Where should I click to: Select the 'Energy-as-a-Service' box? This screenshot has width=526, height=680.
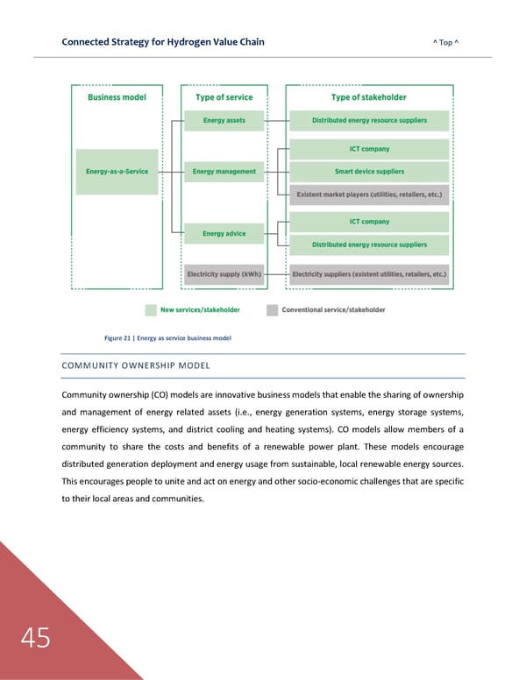(117, 172)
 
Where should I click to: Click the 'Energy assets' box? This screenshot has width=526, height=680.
(224, 120)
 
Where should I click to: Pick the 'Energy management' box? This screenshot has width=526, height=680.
(224, 172)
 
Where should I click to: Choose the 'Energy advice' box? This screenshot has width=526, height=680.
(224, 234)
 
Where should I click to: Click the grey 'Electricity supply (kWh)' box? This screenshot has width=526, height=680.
(224, 273)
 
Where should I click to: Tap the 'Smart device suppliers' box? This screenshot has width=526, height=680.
(369, 172)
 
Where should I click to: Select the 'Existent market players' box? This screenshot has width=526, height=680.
(369, 194)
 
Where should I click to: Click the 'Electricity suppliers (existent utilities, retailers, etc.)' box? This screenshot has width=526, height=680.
(369, 273)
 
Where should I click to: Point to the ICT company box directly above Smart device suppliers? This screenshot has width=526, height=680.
(369, 149)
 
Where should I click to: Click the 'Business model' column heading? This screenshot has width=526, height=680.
(117, 97)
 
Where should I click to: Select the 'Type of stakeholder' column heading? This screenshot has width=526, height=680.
(369, 97)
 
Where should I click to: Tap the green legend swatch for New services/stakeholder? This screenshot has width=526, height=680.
(151, 309)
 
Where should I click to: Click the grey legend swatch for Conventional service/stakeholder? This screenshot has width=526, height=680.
(272, 309)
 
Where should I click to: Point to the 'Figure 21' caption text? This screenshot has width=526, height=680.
(167, 337)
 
